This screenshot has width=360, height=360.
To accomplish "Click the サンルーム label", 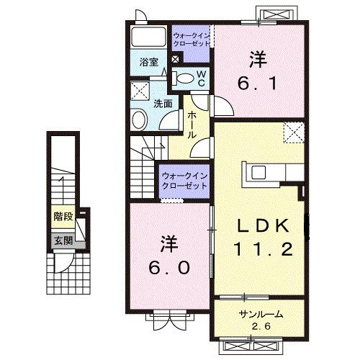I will pos(261,315).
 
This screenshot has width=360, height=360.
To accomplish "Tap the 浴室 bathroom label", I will pos(148,63).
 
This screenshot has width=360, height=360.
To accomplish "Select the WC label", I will pos(202,78).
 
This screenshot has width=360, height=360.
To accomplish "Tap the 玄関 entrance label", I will pos(62,240).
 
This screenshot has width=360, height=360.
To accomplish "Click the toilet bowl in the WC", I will pos(184,78).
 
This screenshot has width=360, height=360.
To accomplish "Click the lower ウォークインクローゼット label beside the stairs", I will pos(184,179).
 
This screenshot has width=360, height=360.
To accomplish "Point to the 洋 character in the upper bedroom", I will pos(258,57).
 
